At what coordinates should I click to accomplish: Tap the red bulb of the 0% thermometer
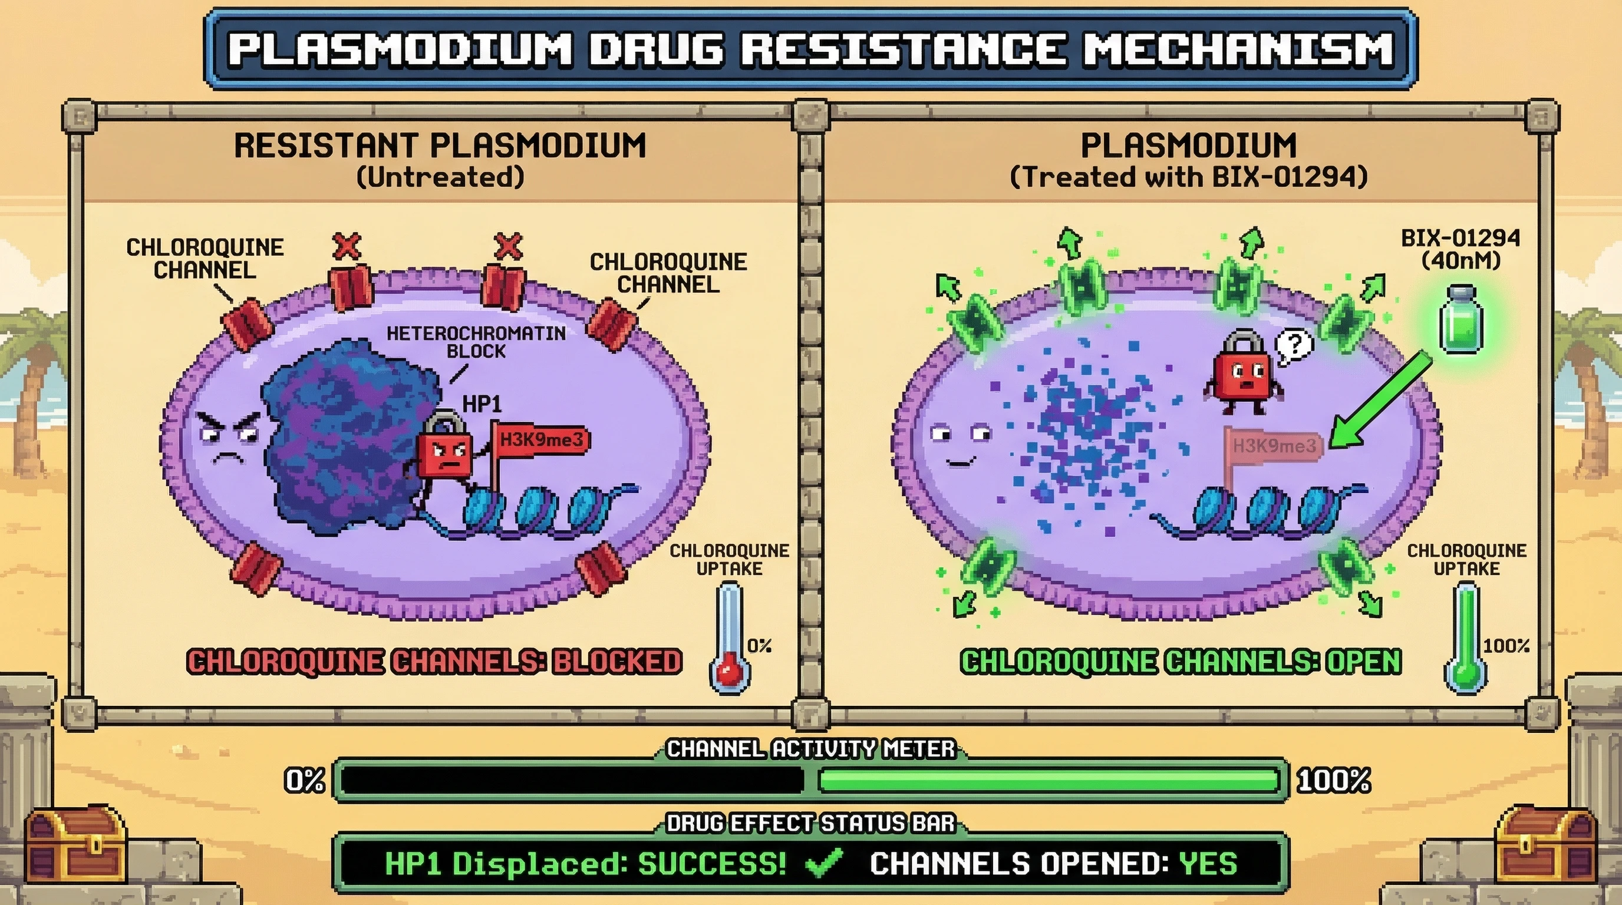pos(729,672)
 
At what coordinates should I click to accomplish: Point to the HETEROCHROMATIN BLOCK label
pos(476,342)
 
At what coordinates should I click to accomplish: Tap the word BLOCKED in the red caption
pos(617,662)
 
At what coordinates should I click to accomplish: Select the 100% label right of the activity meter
pos(1334,781)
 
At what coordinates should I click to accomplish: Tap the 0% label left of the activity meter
pos(305,781)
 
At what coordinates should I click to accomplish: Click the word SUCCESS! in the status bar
pos(711,864)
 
